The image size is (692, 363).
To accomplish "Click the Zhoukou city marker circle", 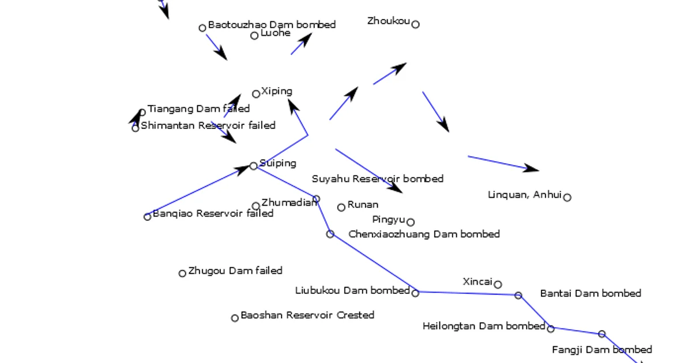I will pos(415,24).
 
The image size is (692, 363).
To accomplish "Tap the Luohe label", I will pos(275,33).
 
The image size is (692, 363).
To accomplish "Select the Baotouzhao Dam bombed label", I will pos(272,25).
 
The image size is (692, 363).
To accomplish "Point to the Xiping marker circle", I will pos(256,94).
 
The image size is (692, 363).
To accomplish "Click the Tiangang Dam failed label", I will pos(198,108).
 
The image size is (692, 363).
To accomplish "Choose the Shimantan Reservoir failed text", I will pos(208,125).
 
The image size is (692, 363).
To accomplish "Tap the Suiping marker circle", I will pos(254,166).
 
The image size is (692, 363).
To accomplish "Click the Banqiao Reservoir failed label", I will pos(213,213).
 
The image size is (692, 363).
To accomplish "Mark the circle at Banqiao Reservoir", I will pos(147,217).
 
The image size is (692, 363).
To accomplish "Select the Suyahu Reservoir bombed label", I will pos(378,179).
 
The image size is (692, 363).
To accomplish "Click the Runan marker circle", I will pos(341,207).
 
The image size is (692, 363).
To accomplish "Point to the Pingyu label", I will pos(389,220).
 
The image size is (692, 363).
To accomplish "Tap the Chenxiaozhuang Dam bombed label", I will pos(424,234).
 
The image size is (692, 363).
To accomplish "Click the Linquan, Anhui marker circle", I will pos(567,197).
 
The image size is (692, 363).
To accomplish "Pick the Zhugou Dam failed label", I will pos(235,270).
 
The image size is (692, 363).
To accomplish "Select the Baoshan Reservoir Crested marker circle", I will pos(235,318).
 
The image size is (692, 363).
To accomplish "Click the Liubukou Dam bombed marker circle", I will pos(415,293).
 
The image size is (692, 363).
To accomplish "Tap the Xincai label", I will pos(477,282).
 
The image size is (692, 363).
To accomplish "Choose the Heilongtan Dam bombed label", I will pos(483,326).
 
